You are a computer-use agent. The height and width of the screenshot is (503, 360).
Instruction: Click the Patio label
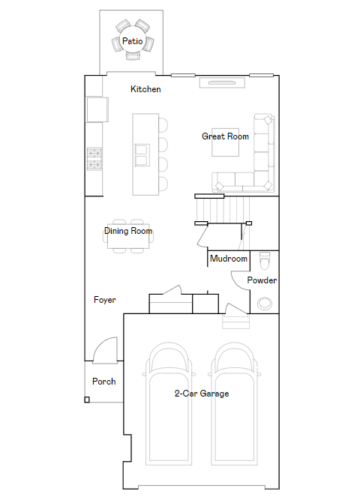[132, 41]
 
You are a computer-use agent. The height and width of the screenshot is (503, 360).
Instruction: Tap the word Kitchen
[145, 89]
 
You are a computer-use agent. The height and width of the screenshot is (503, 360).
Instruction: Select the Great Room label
[225, 136]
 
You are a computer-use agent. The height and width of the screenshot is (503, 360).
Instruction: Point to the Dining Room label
[128, 231]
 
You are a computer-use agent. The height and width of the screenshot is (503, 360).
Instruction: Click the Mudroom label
[229, 259]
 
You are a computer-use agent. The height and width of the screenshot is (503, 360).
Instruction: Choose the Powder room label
[262, 280]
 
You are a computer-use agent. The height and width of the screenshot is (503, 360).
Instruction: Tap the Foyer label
[104, 300]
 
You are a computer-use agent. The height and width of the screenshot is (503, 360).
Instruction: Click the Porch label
[104, 381]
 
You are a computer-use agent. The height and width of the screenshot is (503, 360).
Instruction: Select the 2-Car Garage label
[202, 394]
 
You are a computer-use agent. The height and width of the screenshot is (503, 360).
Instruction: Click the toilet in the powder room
[265, 261]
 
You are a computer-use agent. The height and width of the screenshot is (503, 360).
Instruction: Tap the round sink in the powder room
[265, 303]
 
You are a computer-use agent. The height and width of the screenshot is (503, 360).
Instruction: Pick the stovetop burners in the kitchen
[94, 158]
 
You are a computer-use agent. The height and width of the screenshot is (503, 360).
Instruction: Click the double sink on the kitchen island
[142, 155]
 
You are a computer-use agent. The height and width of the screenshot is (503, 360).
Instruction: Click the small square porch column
[87, 400]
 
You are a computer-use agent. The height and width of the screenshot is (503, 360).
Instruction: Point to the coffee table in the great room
[225, 142]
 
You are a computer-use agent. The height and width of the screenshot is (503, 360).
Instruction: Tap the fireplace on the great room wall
[222, 82]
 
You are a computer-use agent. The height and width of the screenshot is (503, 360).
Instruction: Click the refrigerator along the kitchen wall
[97, 109]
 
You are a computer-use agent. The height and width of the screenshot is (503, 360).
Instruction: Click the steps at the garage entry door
[235, 322]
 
